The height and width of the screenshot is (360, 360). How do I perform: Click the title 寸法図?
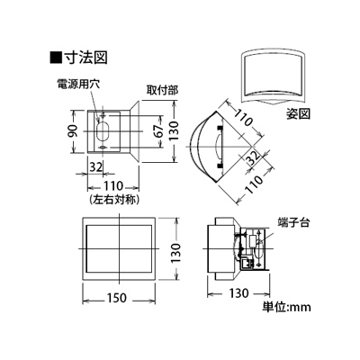pos(85,58)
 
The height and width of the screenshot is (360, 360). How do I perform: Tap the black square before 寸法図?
pos(56,58)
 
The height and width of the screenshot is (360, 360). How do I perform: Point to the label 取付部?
pos(162,90)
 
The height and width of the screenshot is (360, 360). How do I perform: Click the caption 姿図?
pos(298,114)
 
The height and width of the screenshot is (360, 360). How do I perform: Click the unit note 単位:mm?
pos(286,307)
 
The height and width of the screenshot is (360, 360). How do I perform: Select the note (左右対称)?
pos(114,200)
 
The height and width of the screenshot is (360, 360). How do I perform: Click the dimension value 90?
pos(74,131)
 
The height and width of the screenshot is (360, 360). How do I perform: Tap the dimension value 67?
pos(158,130)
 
